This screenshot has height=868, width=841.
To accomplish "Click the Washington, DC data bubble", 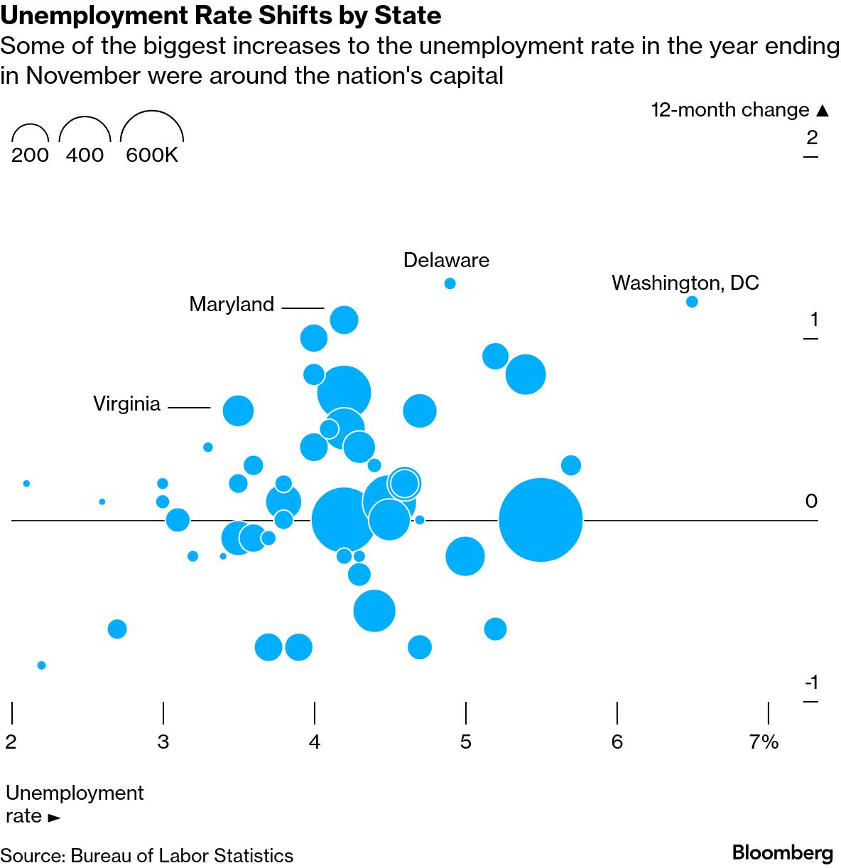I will click(692, 302).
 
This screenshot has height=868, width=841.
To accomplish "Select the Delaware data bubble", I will click(450, 283).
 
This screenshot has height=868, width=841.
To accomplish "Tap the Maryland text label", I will click(232, 305).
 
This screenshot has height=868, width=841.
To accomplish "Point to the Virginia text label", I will click(127, 404).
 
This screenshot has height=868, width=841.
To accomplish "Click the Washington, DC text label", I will click(685, 283).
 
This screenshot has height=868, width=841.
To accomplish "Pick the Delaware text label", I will click(446, 260).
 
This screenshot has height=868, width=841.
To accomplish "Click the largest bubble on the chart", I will click(541, 520).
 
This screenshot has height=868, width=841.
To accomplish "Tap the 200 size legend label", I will click(30, 155).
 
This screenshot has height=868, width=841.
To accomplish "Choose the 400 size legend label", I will click(85, 155).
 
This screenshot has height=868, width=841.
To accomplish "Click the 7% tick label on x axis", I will click(764, 742).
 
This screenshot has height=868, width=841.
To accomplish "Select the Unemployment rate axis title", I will click(74, 804).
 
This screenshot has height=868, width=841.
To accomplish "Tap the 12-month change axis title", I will click(739, 110).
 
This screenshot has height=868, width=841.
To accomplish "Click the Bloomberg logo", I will click(782, 852).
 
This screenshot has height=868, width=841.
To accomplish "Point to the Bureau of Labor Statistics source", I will click(181, 856).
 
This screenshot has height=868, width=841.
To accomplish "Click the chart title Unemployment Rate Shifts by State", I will click(221, 16).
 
